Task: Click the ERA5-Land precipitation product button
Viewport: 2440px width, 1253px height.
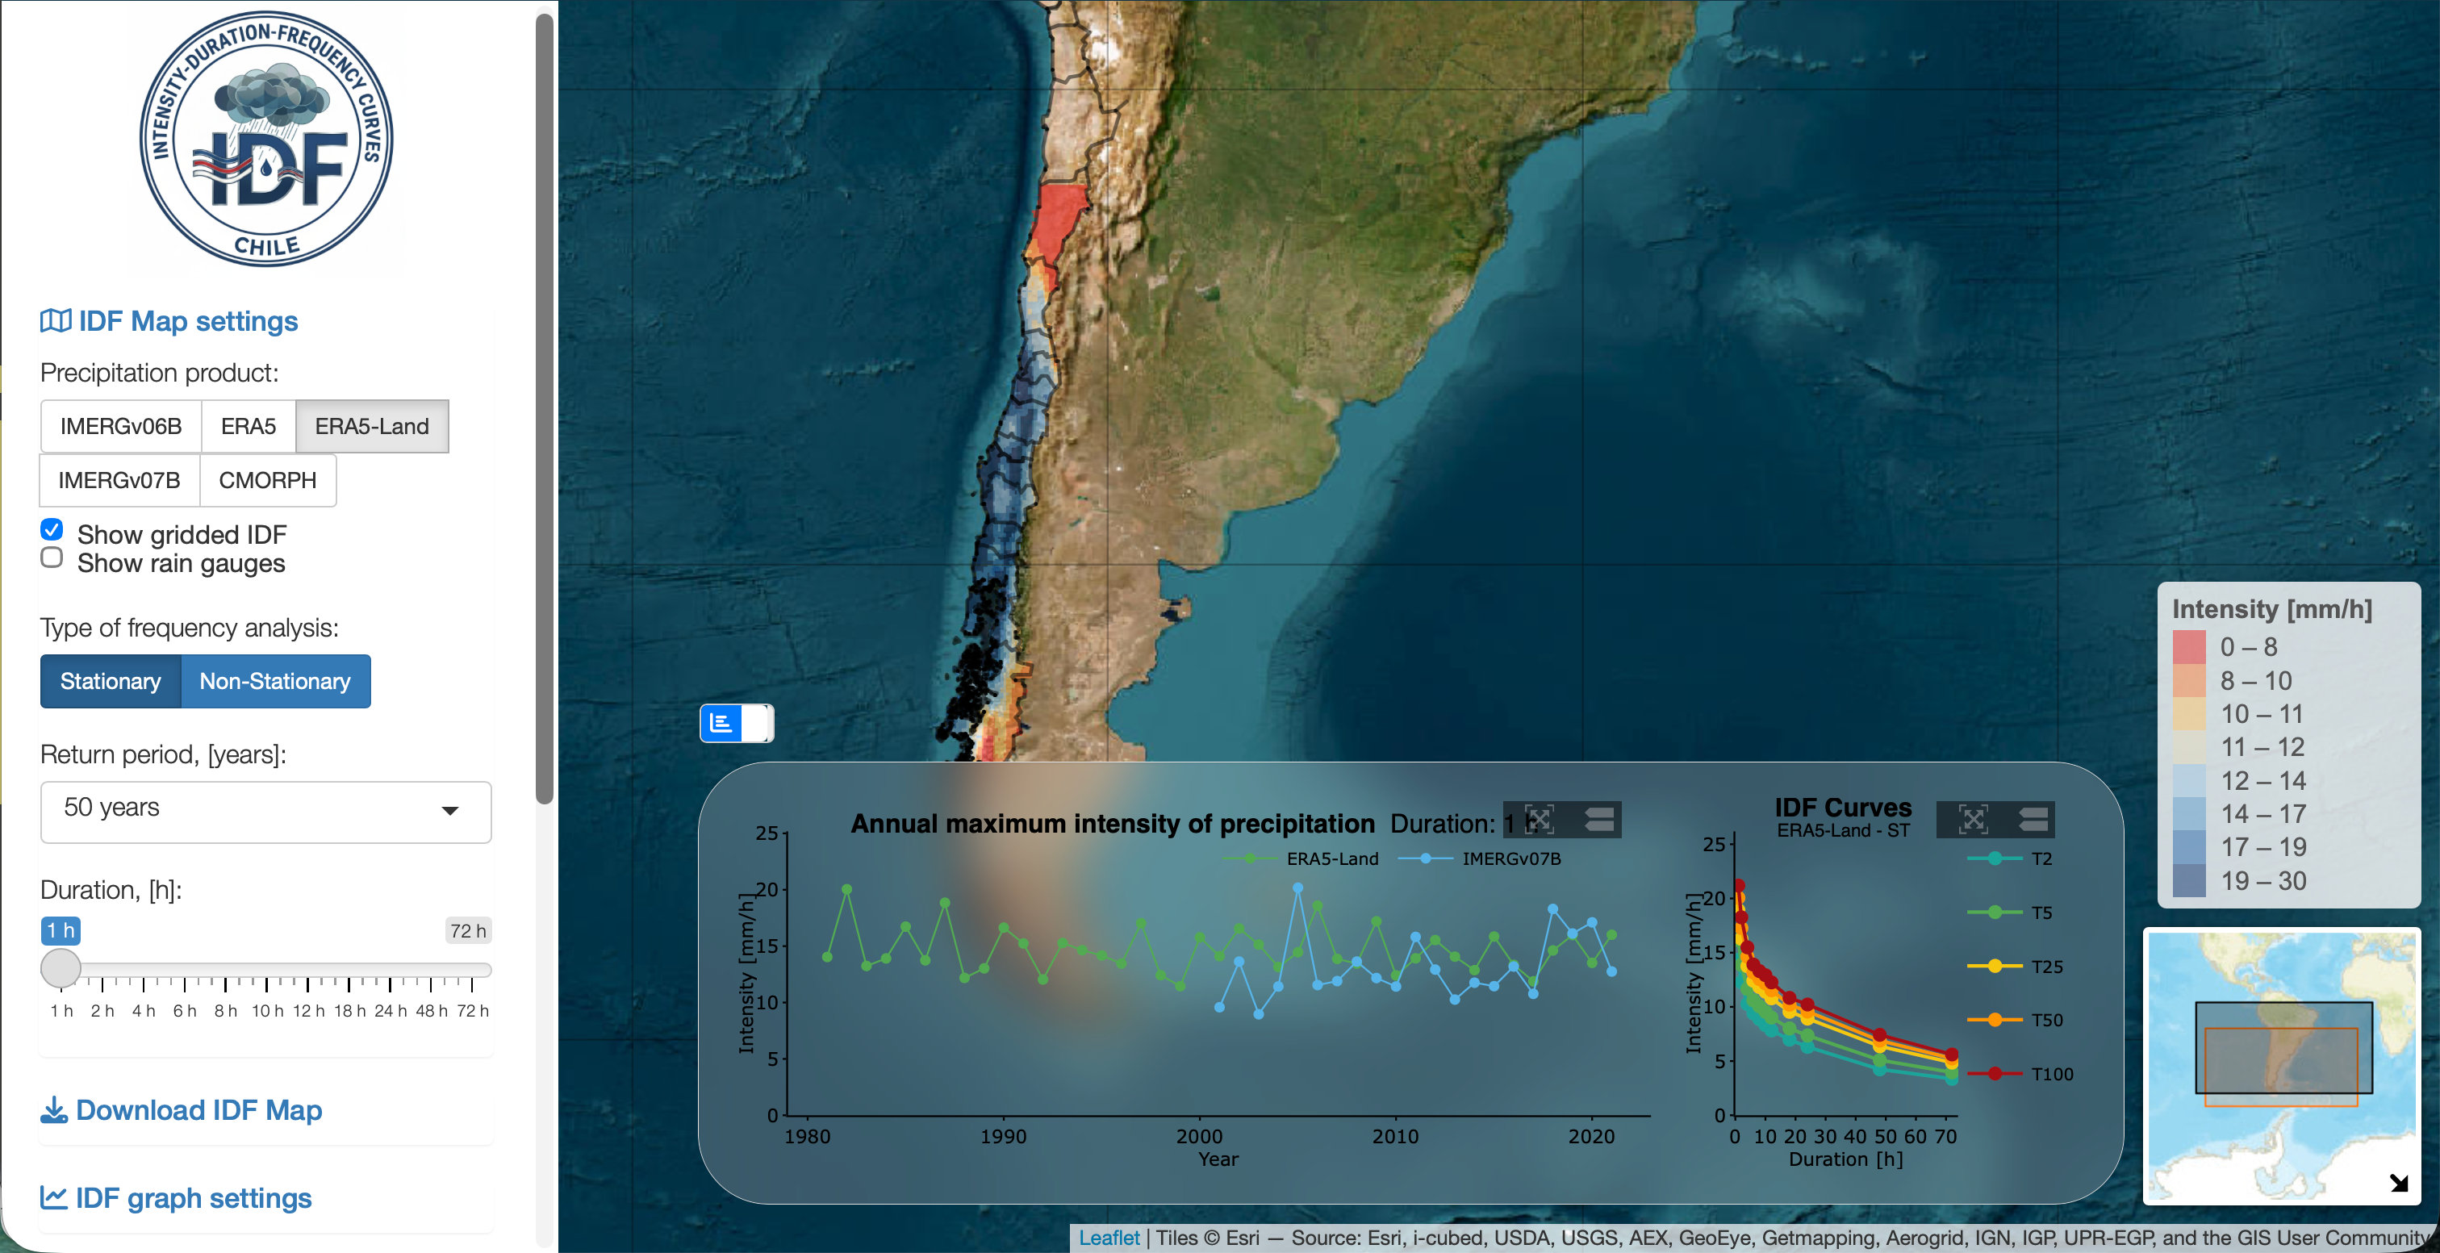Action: (x=371, y=426)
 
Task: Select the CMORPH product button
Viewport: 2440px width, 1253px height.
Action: (x=267, y=480)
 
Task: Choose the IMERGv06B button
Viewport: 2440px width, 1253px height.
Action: (x=120, y=426)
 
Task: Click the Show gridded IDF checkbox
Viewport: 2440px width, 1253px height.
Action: (x=52, y=529)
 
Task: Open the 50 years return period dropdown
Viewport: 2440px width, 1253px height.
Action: (x=265, y=811)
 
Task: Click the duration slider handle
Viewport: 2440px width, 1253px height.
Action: (x=61, y=968)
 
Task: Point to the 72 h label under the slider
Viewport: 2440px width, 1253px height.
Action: (x=472, y=1012)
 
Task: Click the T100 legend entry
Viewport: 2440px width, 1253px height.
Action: (x=2051, y=1074)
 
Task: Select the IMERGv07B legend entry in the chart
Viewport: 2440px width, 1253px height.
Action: (x=1510, y=859)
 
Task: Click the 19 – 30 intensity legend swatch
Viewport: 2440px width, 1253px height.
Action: (x=2189, y=881)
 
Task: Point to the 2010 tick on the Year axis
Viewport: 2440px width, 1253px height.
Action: (x=1395, y=1137)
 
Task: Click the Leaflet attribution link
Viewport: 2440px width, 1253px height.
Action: (x=1108, y=1238)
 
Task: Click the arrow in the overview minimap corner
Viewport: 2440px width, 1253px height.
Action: (x=2398, y=1182)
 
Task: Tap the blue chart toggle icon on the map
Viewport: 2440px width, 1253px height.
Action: (x=721, y=724)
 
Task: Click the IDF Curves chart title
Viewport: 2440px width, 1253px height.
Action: (x=1842, y=808)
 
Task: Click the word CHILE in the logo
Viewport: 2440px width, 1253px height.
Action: (x=267, y=246)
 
